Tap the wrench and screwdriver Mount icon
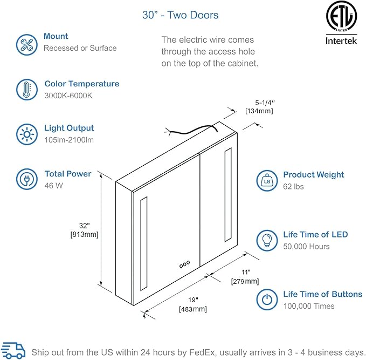[26, 43]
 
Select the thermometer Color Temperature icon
[26, 89]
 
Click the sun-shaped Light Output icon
[26, 133]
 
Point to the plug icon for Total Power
[26, 179]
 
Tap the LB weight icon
[265, 180]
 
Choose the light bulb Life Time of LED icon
[265, 240]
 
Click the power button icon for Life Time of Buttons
[265, 300]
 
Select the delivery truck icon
[13, 350]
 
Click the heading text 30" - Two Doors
[181, 15]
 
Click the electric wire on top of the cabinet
[191, 130]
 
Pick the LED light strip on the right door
[228, 196]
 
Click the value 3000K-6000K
[68, 96]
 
